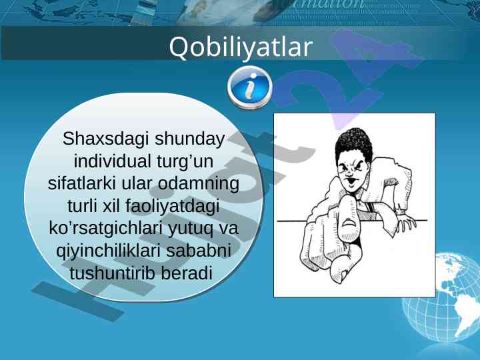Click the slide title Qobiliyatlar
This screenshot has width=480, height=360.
click(241, 47)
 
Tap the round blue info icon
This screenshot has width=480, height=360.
click(250, 87)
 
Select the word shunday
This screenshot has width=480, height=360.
click(189, 139)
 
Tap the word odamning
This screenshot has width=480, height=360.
click(199, 184)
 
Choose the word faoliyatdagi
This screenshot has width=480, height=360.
click(173, 206)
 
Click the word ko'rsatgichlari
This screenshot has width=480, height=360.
click(105, 229)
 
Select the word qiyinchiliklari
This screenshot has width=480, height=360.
click(109, 251)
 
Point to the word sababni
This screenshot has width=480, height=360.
click(199, 251)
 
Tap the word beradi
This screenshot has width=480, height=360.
click(187, 273)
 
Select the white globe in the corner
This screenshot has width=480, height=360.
click(441, 297)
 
